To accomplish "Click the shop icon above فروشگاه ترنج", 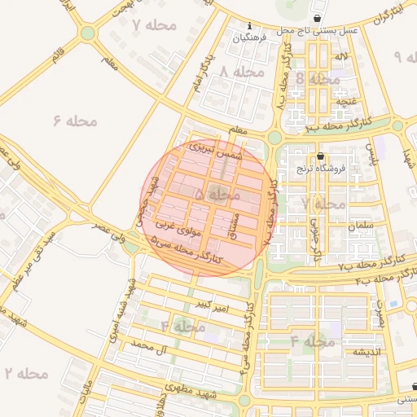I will pos(319,156).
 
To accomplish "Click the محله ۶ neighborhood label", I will pos(75,121).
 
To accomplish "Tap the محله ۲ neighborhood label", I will pos(26,373).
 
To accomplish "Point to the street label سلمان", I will pos(358,225).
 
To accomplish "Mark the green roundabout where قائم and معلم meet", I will pos(87,33).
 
